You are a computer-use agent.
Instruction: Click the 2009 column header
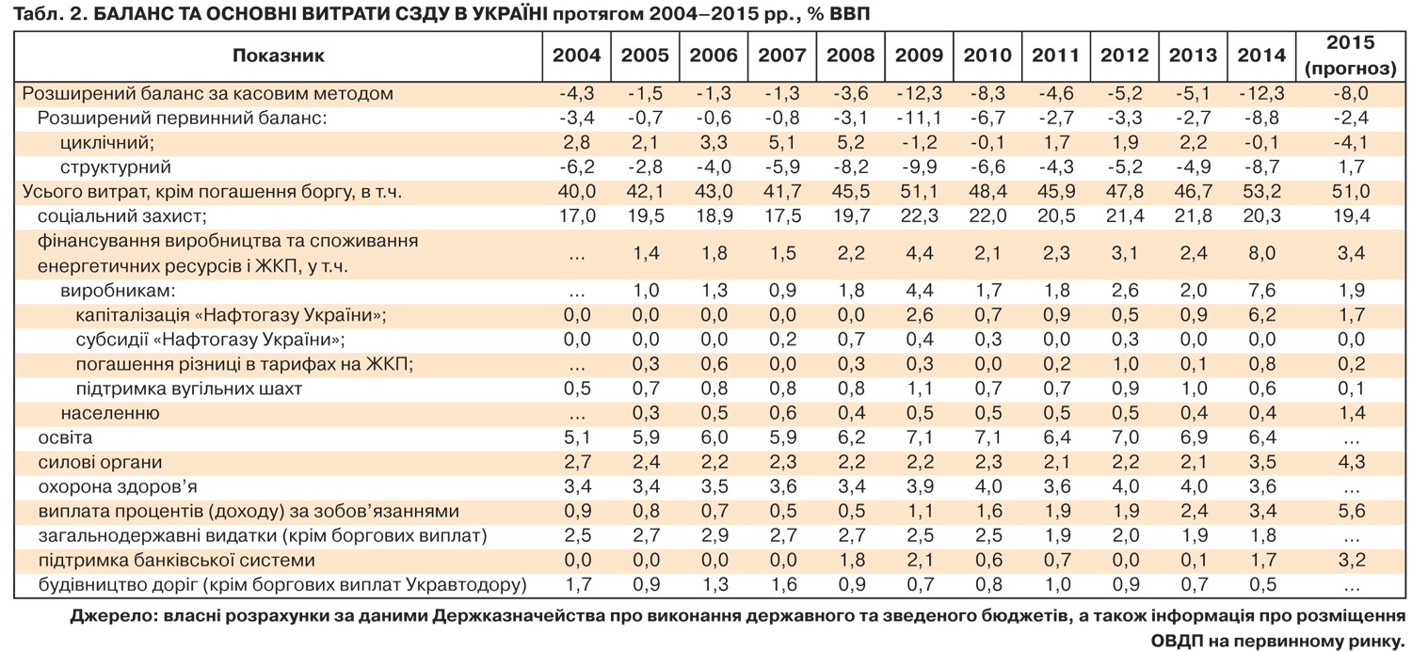pos(919,56)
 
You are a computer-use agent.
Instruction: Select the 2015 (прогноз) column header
pos(1350,56)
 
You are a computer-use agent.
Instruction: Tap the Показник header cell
pos(278,56)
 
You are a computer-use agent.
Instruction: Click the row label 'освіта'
pos(65,437)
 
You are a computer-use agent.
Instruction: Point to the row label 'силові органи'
pos(100,462)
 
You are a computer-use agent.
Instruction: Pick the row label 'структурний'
pos(116,167)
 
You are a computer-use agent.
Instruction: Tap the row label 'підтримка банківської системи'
pos(177,560)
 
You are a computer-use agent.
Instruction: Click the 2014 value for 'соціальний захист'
pos(1261,216)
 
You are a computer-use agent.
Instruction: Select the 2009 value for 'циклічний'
pos(919,143)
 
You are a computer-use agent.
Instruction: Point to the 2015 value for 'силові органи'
pos(1350,462)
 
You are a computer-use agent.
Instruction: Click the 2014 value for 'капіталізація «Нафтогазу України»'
pos(1261,314)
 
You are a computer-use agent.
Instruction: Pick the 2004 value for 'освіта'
pos(576,437)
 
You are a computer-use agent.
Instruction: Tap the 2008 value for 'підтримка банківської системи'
pos(850,560)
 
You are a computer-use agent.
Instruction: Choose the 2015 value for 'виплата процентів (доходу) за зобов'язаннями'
pos(1350,511)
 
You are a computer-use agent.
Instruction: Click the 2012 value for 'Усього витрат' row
pos(1124,192)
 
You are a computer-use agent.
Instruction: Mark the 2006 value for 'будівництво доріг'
pos(713,584)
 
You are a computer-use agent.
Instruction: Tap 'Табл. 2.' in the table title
pos(46,14)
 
